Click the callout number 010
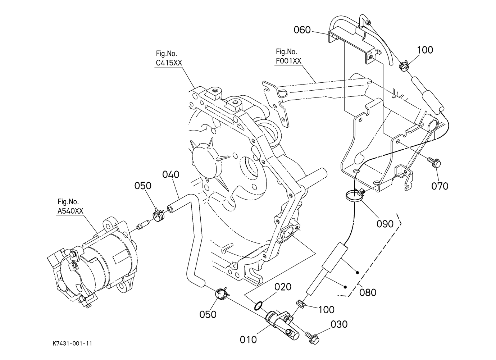[x=248, y=340]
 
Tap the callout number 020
[x=283, y=287]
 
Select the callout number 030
[x=339, y=324]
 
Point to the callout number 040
[x=171, y=175]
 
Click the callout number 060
[x=302, y=30]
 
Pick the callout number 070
[x=440, y=186]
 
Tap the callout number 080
[x=368, y=292]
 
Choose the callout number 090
[x=385, y=224]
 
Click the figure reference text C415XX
[x=169, y=63]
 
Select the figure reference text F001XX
[x=288, y=61]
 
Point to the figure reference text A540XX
[x=70, y=211]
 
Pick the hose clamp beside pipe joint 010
[x=222, y=294]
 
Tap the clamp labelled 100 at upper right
[x=404, y=66]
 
